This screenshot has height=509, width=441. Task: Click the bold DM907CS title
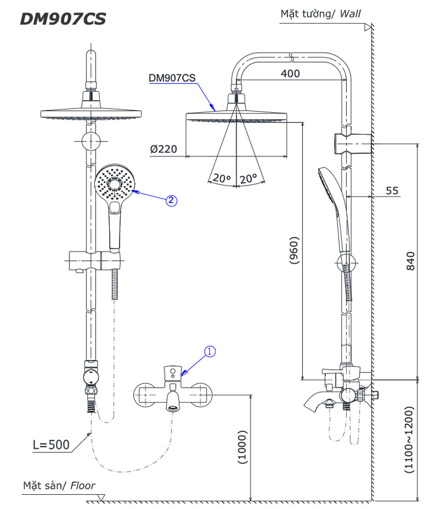pyautogui.click(x=62, y=19)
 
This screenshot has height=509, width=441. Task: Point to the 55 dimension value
pyautogui.click(x=391, y=191)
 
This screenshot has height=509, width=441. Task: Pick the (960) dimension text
pyautogui.click(x=294, y=251)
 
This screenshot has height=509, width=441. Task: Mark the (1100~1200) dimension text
pyautogui.click(x=408, y=440)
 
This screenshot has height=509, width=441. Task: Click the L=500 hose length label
pyautogui.click(x=51, y=445)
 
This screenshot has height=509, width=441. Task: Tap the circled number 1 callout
pyautogui.click(x=209, y=351)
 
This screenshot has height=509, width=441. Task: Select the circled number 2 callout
pyautogui.click(x=171, y=201)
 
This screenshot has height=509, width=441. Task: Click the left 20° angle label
pyautogui.click(x=221, y=179)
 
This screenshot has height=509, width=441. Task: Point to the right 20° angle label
pyautogui.click(x=249, y=179)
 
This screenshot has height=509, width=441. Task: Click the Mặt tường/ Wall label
pyautogui.click(x=320, y=14)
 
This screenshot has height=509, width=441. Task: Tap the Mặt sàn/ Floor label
pyautogui.click(x=59, y=486)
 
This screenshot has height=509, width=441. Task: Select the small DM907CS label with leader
pyautogui.click(x=172, y=79)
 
